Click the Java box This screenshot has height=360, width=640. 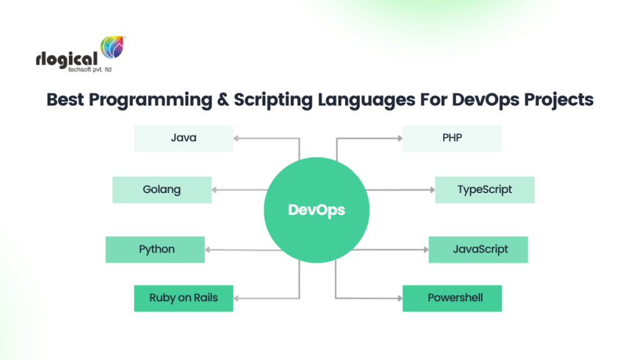[x=183, y=137]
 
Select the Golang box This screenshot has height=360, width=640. [x=162, y=189]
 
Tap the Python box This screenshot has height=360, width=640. [x=155, y=249]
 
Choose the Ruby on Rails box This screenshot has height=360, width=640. [x=183, y=297]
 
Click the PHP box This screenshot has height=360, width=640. [x=452, y=137]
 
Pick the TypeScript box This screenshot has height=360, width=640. [x=484, y=189]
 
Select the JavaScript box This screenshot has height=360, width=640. [x=478, y=249]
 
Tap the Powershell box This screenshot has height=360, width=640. [x=452, y=297]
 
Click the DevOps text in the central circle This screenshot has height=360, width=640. [x=316, y=210]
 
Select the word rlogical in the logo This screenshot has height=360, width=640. [x=67, y=59]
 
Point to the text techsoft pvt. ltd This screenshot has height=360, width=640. [x=90, y=70]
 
